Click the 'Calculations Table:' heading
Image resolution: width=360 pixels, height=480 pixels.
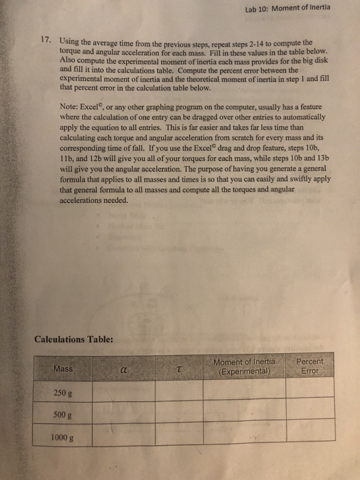(74, 337)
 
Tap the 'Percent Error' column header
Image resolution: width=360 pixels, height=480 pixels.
(311, 366)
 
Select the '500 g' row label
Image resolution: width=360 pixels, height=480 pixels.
(60, 414)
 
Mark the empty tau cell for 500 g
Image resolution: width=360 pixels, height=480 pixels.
(179, 413)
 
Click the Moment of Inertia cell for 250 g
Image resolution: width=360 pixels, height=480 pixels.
(244, 390)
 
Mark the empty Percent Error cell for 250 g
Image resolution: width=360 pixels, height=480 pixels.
(311, 389)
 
